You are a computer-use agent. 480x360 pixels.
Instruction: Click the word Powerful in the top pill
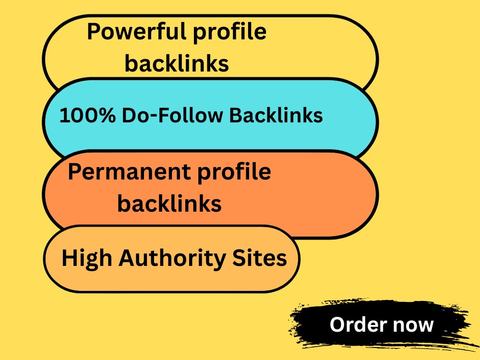click(137, 31)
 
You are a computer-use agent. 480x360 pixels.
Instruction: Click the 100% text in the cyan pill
click(87, 115)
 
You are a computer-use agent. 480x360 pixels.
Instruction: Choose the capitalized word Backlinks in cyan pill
click(276, 115)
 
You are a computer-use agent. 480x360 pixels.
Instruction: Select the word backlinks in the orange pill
click(169, 203)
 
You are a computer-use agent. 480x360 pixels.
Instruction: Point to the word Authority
click(172, 259)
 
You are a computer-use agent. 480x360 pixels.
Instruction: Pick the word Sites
click(260, 258)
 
